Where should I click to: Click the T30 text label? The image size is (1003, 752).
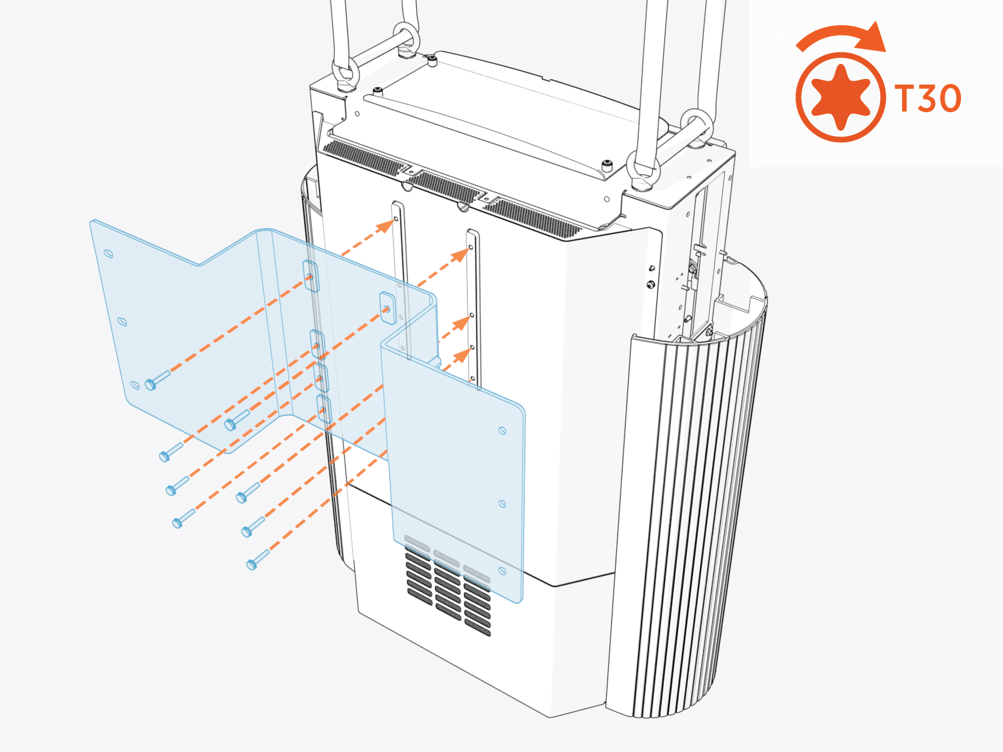coord(928,98)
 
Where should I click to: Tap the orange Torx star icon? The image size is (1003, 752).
coord(841,97)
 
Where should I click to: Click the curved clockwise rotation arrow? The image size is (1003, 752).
coord(843,38)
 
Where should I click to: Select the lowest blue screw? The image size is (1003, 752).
coord(258,560)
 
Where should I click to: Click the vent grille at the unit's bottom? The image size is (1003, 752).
coord(448,590)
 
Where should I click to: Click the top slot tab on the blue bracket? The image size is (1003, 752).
coord(310,276)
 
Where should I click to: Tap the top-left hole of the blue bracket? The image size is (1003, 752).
coord(108,254)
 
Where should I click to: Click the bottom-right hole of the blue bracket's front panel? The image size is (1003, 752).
coord(501,570)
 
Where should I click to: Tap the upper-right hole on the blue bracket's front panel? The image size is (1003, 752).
coord(501,431)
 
